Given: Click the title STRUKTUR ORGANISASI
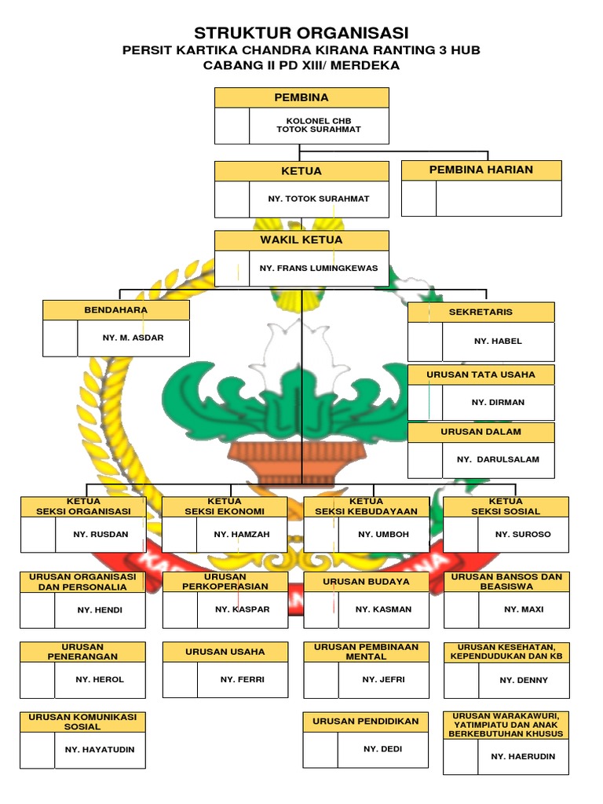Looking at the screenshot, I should coord(301,33).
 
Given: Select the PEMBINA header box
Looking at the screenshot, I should coord(301,97).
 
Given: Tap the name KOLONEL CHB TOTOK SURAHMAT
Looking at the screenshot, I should coord(319,125).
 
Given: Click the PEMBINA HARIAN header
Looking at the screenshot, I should coord(481,170).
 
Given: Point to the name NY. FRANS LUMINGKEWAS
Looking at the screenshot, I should coord(319,268).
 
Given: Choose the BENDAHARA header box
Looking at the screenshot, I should coord(116,310).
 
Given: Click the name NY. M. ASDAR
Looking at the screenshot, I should coord(133,338).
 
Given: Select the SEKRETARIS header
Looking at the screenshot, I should coord(481,312).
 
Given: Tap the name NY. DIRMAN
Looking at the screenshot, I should coord(498,402).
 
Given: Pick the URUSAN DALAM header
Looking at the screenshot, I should coord(481,432).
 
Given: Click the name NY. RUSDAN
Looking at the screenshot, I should coord(100,534).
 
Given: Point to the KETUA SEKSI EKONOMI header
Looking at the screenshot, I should coord(225,506).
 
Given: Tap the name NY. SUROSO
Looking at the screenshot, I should coord(523,534).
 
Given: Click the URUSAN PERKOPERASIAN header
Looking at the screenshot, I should coord(225,582).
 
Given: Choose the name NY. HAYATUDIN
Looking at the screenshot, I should coord(100,750).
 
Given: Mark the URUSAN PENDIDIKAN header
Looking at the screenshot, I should coord(366,721).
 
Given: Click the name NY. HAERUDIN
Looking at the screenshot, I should coord(523,756).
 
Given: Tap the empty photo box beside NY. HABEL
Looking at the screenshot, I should coord(425,342).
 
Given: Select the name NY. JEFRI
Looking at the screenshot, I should coord(383,679).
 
